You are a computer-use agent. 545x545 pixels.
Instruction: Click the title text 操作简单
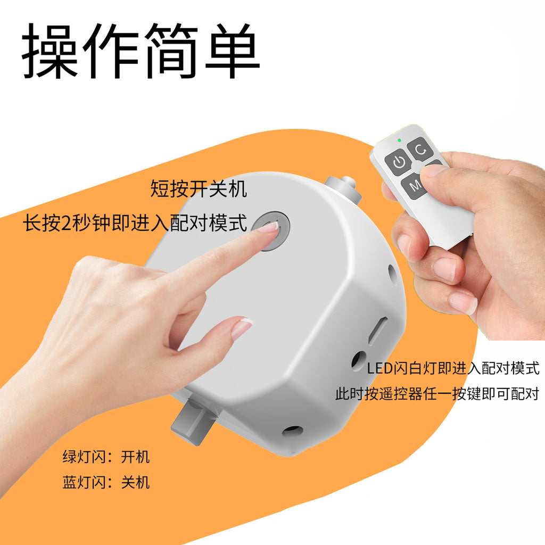point(141,51)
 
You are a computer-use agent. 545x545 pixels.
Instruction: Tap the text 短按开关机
point(199,189)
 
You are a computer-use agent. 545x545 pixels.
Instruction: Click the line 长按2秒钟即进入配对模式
point(135,223)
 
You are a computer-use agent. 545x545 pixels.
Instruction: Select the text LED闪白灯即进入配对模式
point(453,368)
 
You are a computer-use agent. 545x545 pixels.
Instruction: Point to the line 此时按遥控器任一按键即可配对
point(436,394)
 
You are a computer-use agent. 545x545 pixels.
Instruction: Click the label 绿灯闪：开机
point(106,457)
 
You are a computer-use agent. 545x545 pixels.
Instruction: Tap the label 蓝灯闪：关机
point(106,482)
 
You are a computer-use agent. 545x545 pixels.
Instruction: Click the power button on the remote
point(399,162)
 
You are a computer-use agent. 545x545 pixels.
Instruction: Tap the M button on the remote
point(416,186)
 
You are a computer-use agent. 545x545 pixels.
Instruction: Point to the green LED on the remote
point(399,141)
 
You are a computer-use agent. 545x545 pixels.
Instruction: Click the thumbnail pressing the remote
point(434,170)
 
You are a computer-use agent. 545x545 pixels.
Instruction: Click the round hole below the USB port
point(358,360)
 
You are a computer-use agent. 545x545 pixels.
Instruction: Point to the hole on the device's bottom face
point(292,431)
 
